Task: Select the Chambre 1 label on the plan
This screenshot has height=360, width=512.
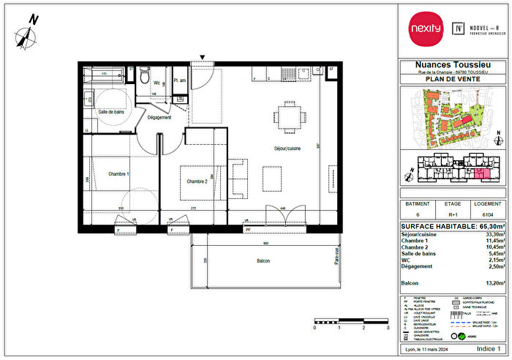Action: (118, 173)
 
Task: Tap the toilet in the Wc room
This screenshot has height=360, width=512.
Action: (146, 76)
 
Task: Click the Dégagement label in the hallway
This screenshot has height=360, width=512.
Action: (159, 117)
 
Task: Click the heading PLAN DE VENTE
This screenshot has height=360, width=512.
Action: (451, 80)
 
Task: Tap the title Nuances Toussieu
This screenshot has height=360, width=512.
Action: (451, 64)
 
